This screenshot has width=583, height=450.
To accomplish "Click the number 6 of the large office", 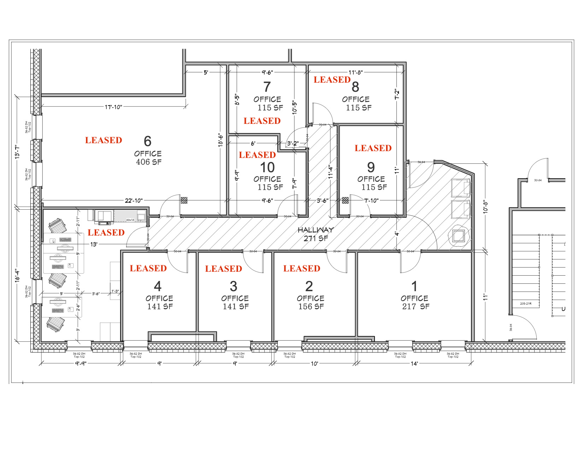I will (148, 142).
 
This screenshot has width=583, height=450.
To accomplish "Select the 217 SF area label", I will (416, 307).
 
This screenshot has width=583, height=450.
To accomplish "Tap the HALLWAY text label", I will (316, 230).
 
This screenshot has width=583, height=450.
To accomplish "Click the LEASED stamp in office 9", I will (373, 148).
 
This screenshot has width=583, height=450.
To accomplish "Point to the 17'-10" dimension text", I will (113, 107).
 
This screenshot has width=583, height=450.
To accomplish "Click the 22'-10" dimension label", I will (134, 201).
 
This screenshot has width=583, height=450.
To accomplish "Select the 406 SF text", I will (149, 162).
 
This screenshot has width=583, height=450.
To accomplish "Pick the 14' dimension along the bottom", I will (414, 364).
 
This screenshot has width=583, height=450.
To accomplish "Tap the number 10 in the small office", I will (267, 167).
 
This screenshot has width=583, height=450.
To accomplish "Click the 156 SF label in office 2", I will (311, 307).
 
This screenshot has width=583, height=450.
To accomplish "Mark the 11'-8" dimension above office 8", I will (355, 73).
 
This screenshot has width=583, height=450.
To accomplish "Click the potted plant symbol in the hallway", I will (459, 235).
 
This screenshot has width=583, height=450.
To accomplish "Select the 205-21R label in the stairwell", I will (525, 304).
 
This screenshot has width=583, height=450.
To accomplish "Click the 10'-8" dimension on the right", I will (486, 206).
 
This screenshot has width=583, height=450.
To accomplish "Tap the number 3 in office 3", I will (234, 286).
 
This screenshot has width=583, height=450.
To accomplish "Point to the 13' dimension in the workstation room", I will (94, 244).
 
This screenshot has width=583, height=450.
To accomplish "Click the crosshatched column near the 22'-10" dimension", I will (184, 200).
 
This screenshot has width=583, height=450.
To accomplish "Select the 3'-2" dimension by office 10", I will (293, 144).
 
